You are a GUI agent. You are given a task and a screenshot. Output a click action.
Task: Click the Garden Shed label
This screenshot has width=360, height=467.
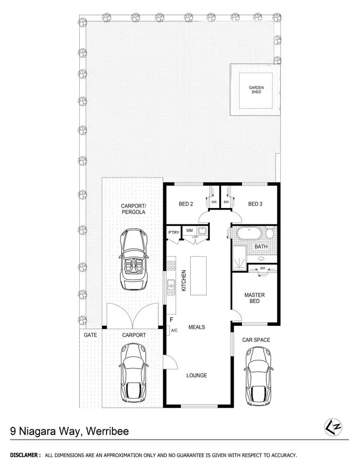(256, 89)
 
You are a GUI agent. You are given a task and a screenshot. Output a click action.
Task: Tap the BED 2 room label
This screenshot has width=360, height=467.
(186, 204)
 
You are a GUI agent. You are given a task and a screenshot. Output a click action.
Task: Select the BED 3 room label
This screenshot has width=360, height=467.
(255, 204)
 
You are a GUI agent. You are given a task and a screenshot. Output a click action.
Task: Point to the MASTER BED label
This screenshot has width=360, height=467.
(254, 298)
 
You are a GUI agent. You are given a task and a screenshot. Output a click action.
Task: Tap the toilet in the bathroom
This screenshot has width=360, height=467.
(270, 234)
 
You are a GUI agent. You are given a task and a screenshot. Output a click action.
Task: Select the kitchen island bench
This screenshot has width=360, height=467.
(198, 276)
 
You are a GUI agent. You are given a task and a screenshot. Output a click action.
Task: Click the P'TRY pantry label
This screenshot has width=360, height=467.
(173, 233)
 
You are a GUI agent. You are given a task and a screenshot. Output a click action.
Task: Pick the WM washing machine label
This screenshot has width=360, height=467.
(189, 231)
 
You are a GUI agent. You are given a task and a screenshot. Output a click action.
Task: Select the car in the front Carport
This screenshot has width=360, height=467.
(133, 373)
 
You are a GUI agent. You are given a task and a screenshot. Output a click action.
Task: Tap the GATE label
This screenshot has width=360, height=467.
(90, 335)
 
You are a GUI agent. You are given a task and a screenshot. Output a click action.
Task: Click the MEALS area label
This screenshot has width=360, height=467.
(196, 327)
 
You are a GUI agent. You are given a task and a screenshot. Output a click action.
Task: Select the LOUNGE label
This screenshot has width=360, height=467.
(196, 375)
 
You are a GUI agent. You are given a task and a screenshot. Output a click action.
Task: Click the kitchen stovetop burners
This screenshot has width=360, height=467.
(171, 265)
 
